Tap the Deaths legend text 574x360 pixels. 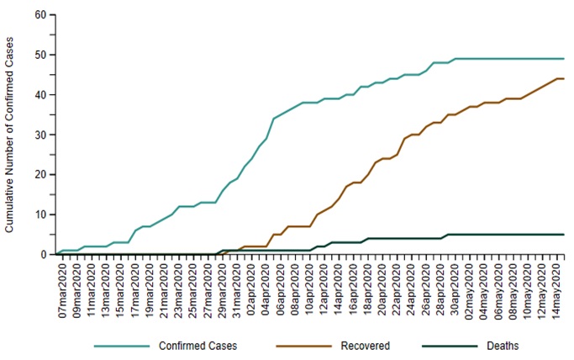pyautogui.click(x=503, y=346)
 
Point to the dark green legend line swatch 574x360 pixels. pyautogui.click(x=442, y=346)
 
